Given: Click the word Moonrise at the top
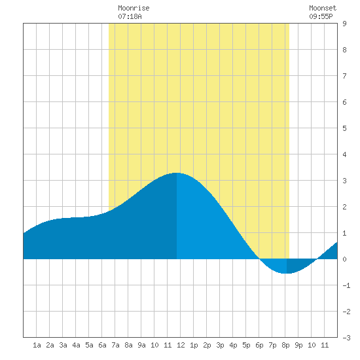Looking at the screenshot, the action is point(134,8).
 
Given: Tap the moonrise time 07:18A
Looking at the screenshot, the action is point(130,16).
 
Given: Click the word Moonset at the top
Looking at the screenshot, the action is point(323,8).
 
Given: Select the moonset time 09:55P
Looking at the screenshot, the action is point(321,16).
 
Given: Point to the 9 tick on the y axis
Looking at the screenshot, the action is point(344,24).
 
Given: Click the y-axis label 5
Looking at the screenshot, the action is point(344,128).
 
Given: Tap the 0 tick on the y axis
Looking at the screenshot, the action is point(344,259).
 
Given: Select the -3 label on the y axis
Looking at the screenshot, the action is point(346,338).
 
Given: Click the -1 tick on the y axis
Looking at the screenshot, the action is point(346,285).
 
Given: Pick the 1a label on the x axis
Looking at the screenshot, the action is point(37,345).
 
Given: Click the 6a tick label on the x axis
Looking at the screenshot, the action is point(102,345).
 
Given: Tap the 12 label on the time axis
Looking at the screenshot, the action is point(181,345).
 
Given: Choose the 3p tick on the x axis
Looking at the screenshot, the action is point(220,345).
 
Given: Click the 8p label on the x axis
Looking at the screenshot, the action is point(285,345).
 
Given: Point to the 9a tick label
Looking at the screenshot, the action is point(141,345).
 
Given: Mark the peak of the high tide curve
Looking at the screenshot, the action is point(177,173).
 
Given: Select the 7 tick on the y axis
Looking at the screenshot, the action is point(344,76).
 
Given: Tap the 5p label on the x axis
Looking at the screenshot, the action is point(246,345).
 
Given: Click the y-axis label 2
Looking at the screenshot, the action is point(344,207).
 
